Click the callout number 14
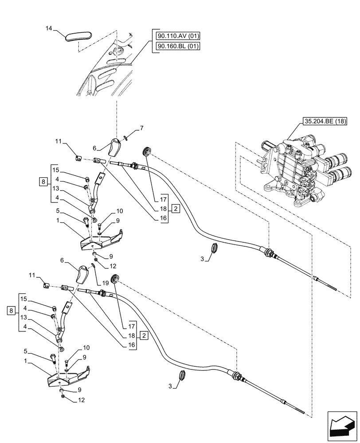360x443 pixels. [49, 28]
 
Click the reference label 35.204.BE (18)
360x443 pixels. [325, 121]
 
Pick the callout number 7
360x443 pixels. [141, 128]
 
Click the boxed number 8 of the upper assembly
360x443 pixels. [42, 181]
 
